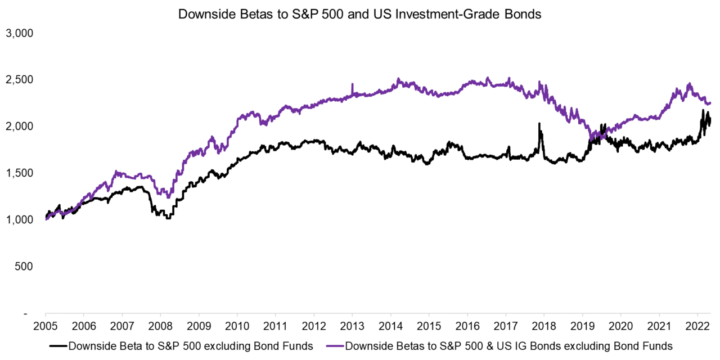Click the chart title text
[359, 15]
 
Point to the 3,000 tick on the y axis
[20, 33]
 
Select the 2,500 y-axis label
[20, 80]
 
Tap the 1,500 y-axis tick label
[20, 173]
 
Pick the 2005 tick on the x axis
[46, 326]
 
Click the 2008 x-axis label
[160, 326]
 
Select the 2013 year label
[352, 326]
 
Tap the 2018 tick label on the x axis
[544, 326]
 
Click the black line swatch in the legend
[58, 346]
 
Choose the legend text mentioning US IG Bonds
[509, 346]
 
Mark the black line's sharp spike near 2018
[539, 124]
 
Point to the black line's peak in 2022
[703, 111]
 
